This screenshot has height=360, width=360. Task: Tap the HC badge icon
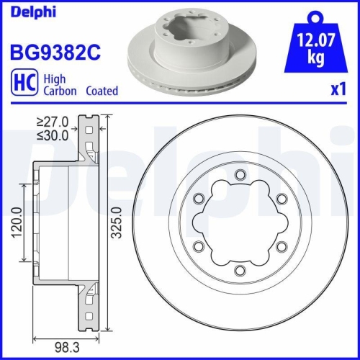pos(24,85)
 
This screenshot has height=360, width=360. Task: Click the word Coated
pos(102,91)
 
